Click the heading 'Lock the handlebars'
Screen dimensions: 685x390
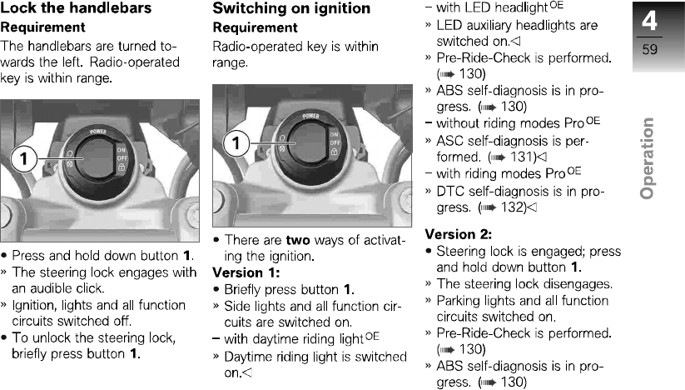tap(76, 8)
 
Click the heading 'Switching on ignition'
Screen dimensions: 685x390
tap(291, 8)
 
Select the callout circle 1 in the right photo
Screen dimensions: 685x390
tap(238, 144)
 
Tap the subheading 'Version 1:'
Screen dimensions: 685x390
tap(246, 272)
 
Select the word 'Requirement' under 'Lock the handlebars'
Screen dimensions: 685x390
tap(38, 27)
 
